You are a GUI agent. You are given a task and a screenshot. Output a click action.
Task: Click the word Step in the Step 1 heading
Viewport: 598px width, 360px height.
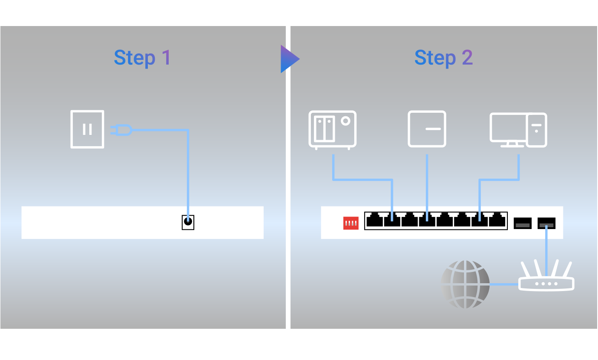pyautogui.click(x=134, y=58)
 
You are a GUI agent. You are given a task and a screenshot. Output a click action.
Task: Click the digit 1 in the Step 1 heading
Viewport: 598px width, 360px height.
pyautogui.click(x=167, y=57)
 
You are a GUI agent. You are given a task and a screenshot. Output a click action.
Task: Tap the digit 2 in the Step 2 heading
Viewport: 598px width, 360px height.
pyautogui.click(x=467, y=57)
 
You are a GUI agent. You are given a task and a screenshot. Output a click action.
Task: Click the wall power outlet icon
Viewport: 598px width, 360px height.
pyautogui.click(x=87, y=129)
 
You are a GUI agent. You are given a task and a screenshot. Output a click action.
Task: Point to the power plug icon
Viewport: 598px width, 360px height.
pyautogui.click(x=121, y=130)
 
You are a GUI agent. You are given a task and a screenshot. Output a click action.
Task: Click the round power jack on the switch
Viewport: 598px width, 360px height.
pyautogui.click(x=188, y=221)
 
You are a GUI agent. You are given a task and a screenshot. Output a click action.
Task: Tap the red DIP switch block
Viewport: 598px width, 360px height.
pyautogui.click(x=351, y=223)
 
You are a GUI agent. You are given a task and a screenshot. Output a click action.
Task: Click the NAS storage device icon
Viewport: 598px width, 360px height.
pyautogui.click(x=332, y=130)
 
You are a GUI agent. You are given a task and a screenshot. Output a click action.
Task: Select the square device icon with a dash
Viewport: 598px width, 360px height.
pyautogui.click(x=427, y=129)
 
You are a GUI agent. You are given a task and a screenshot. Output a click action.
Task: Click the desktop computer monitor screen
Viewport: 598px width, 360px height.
pyautogui.click(x=508, y=127)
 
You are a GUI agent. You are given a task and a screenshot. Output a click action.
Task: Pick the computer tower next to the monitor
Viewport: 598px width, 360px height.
pyautogui.click(x=536, y=130)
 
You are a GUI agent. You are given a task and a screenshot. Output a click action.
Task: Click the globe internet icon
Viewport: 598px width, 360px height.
pyautogui.click(x=465, y=285)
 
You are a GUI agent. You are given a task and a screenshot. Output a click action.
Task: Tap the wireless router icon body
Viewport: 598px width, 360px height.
pyautogui.click(x=546, y=284)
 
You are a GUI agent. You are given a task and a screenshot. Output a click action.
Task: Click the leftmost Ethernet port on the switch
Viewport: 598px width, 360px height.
pyautogui.click(x=375, y=220)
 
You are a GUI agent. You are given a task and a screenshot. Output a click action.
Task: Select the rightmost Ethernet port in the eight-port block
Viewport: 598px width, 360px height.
pyautogui.click(x=497, y=220)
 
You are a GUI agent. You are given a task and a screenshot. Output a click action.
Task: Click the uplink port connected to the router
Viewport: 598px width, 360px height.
pyautogui.click(x=546, y=223)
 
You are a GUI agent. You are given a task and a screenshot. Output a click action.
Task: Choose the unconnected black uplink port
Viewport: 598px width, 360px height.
pyautogui.click(x=523, y=223)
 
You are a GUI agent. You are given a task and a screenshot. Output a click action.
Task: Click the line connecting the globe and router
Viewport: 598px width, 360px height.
pyautogui.click(x=504, y=284)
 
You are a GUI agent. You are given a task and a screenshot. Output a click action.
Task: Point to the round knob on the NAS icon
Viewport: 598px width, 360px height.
pyautogui.click(x=346, y=121)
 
